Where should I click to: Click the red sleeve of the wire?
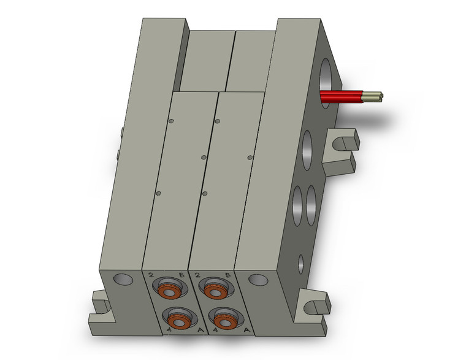[x=343, y=96]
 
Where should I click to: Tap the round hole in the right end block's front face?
[x=260, y=278]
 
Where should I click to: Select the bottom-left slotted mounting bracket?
[x=101, y=305]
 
